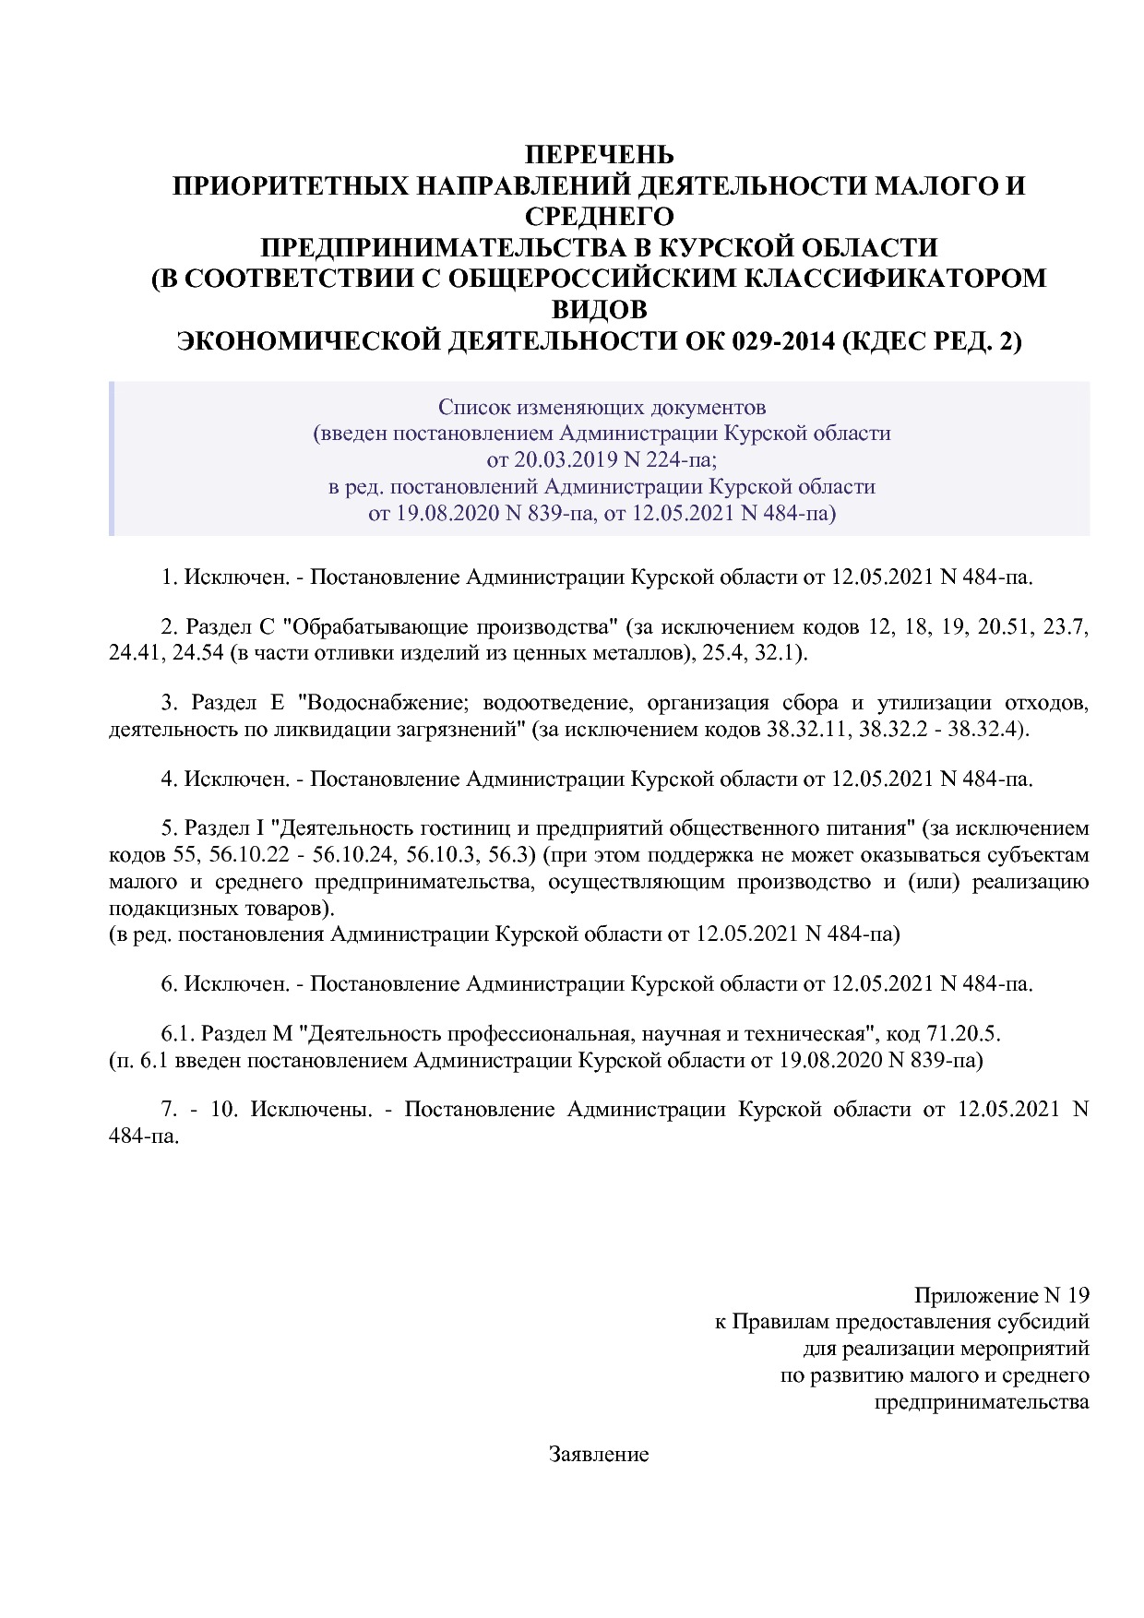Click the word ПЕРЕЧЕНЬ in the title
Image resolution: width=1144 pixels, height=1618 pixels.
click(x=599, y=154)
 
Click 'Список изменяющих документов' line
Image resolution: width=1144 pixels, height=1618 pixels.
click(x=602, y=407)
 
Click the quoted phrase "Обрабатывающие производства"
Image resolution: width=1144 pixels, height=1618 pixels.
click(x=450, y=628)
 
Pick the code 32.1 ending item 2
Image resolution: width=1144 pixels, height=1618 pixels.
click(x=780, y=654)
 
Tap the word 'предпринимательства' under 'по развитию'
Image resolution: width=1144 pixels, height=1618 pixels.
click(x=981, y=1403)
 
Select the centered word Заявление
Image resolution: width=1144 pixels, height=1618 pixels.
click(x=599, y=1455)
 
